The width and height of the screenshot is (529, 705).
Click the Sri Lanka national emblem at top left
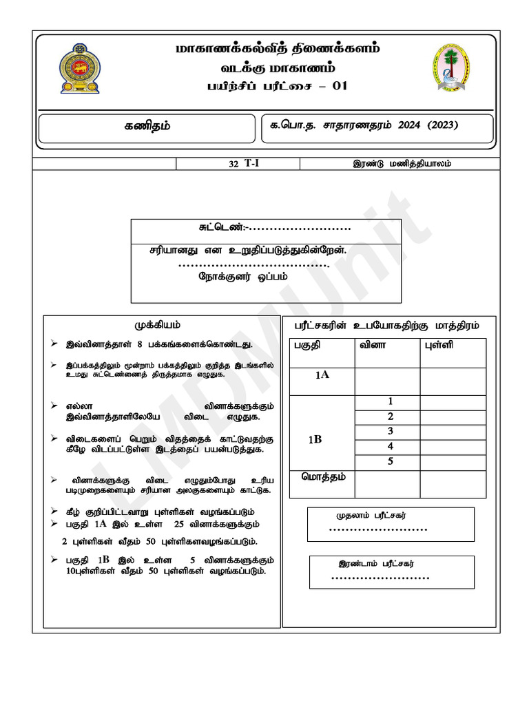pos(79,68)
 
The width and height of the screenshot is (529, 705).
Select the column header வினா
pos(372,345)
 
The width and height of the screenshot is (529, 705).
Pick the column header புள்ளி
pos(438,345)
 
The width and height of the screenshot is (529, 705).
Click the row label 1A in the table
pos(322,375)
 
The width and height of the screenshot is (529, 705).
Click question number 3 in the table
pos(390,431)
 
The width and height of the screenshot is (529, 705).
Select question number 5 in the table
pos(390,461)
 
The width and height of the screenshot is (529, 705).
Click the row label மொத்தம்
pos(322,476)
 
